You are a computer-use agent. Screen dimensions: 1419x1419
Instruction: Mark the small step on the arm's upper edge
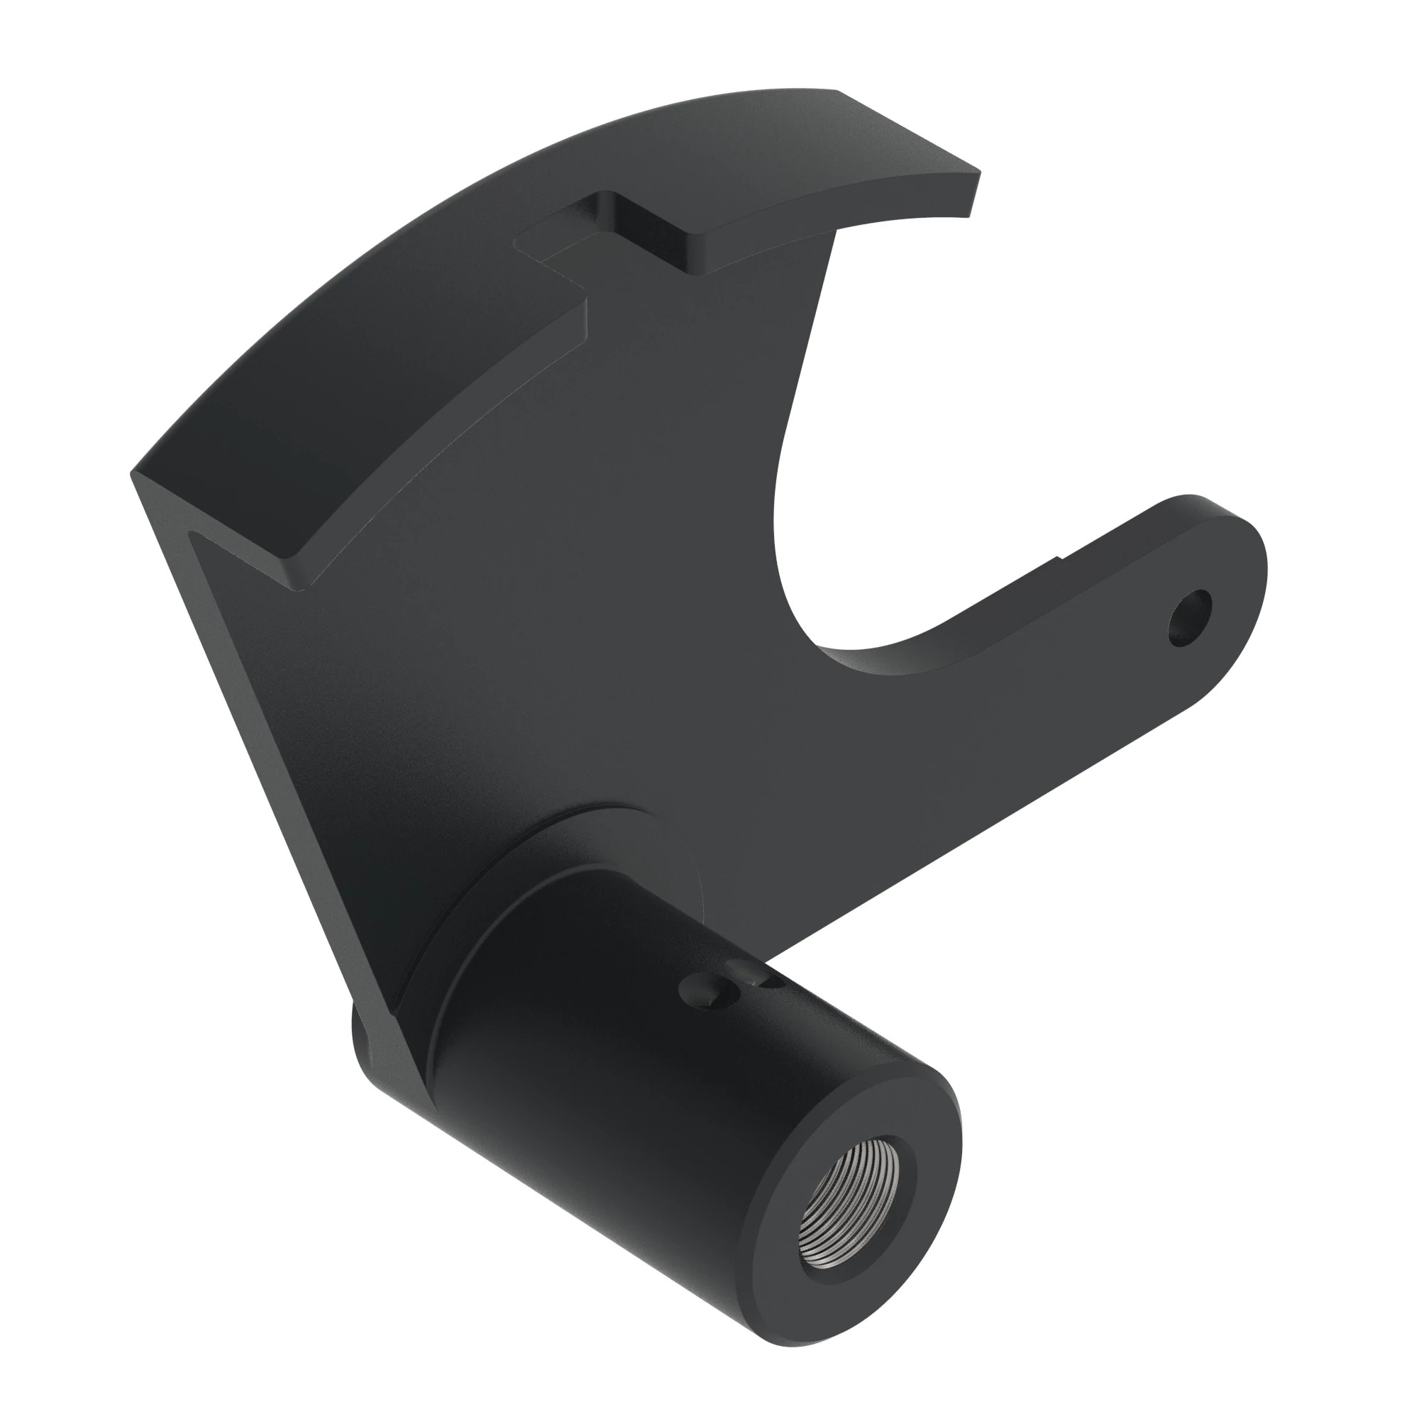pyautogui.click(x=1059, y=563)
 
